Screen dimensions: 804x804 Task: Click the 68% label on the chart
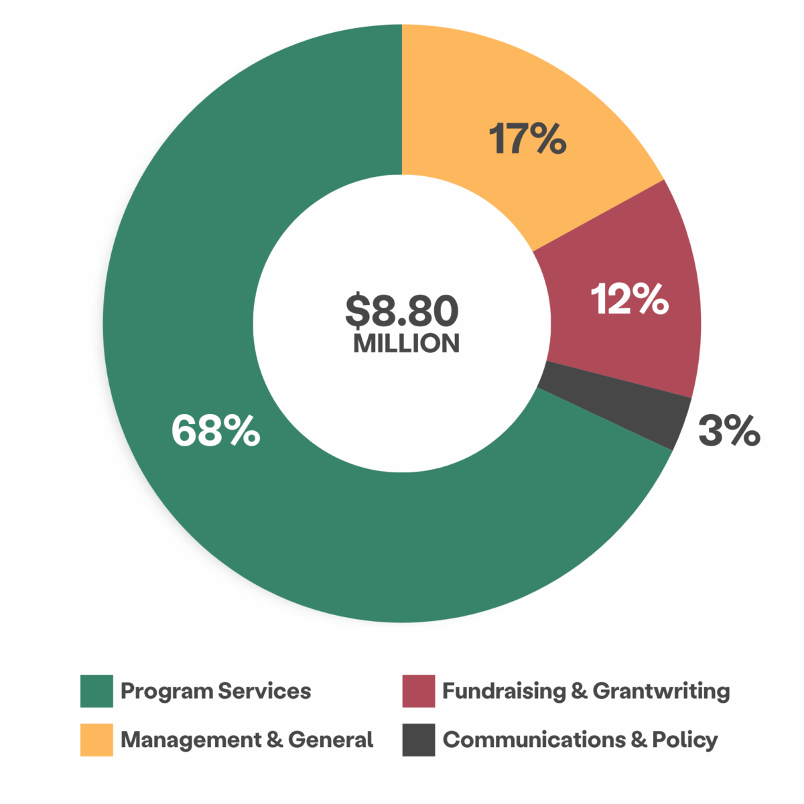(x=216, y=430)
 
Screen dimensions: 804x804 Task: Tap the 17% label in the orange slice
(x=527, y=139)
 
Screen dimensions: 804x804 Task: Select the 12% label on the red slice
(x=629, y=299)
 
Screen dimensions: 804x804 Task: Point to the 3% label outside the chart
(x=729, y=430)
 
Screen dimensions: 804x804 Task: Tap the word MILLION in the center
(x=406, y=343)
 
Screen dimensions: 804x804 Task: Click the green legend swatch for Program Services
(x=96, y=691)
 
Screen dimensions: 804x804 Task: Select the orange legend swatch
(x=96, y=740)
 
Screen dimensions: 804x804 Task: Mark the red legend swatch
(x=419, y=691)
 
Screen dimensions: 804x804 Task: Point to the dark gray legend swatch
(x=419, y=740)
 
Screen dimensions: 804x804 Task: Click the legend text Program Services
(x=216, y=691)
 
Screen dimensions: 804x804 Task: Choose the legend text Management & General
(x=247, y=740)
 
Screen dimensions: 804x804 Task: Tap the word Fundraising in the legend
(x=505, y=691)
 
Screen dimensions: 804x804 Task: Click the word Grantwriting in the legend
(x=661, y=691)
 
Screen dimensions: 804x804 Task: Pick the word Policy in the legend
(x=685, y=740)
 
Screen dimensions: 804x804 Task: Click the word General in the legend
(x=330, y=740)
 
